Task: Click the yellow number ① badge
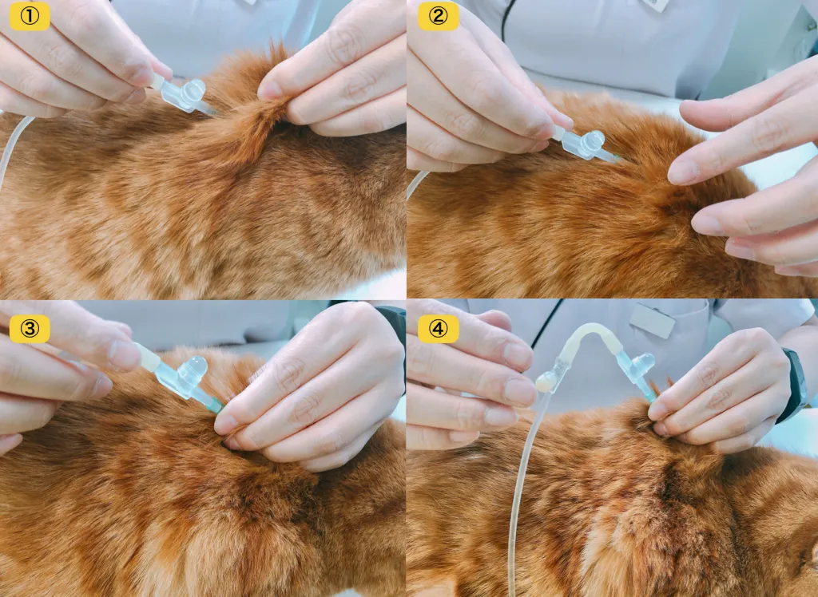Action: (x=30, y=16)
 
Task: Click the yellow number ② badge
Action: (x=439, y=16)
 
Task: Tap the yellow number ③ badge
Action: (x=30, y=329)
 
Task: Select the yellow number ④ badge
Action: (x=439, y=329)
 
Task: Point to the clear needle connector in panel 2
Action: (x=583, y=144)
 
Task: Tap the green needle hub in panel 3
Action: (x=214, y=405)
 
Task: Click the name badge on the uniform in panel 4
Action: (x=652, y=320)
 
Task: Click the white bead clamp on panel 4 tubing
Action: (x=544, y=383)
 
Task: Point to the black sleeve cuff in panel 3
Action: (x=392, y=323)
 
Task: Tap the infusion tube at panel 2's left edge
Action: (x=416, y=184)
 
